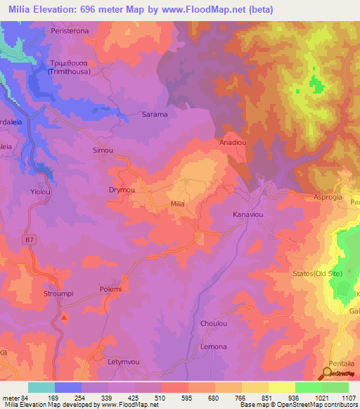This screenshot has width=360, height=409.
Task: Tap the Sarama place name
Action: (155, 114)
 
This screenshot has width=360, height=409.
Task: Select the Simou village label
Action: (103, 150)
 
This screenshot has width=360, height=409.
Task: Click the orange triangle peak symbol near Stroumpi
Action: (65, 318)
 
